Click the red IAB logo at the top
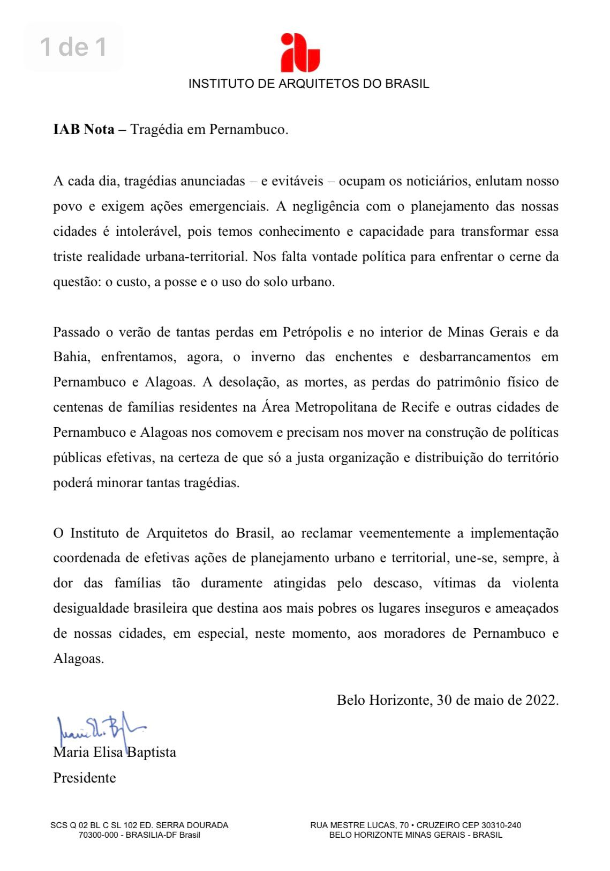coord(300,53)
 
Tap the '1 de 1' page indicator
coord(73,47)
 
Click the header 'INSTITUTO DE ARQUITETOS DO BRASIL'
coord(308,84)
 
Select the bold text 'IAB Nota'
coord(84,130)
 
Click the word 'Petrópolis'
coord(312,332)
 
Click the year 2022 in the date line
coord(541,700)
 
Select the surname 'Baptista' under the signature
coord(152,753)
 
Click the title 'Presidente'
coord(85,778)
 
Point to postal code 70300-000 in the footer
coord(100,835)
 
